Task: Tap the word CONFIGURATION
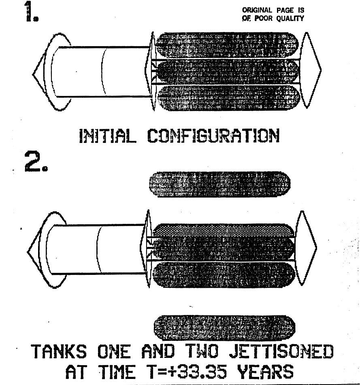tap(213, 136)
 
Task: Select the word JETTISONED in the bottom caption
tap(281, 351)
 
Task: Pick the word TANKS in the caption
tap(59, 351)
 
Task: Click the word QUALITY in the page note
tap(289, 19)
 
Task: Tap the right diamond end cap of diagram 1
tap(311, 69)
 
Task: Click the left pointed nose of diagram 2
tap(36, 251)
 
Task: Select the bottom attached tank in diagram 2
tap(225, 274)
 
